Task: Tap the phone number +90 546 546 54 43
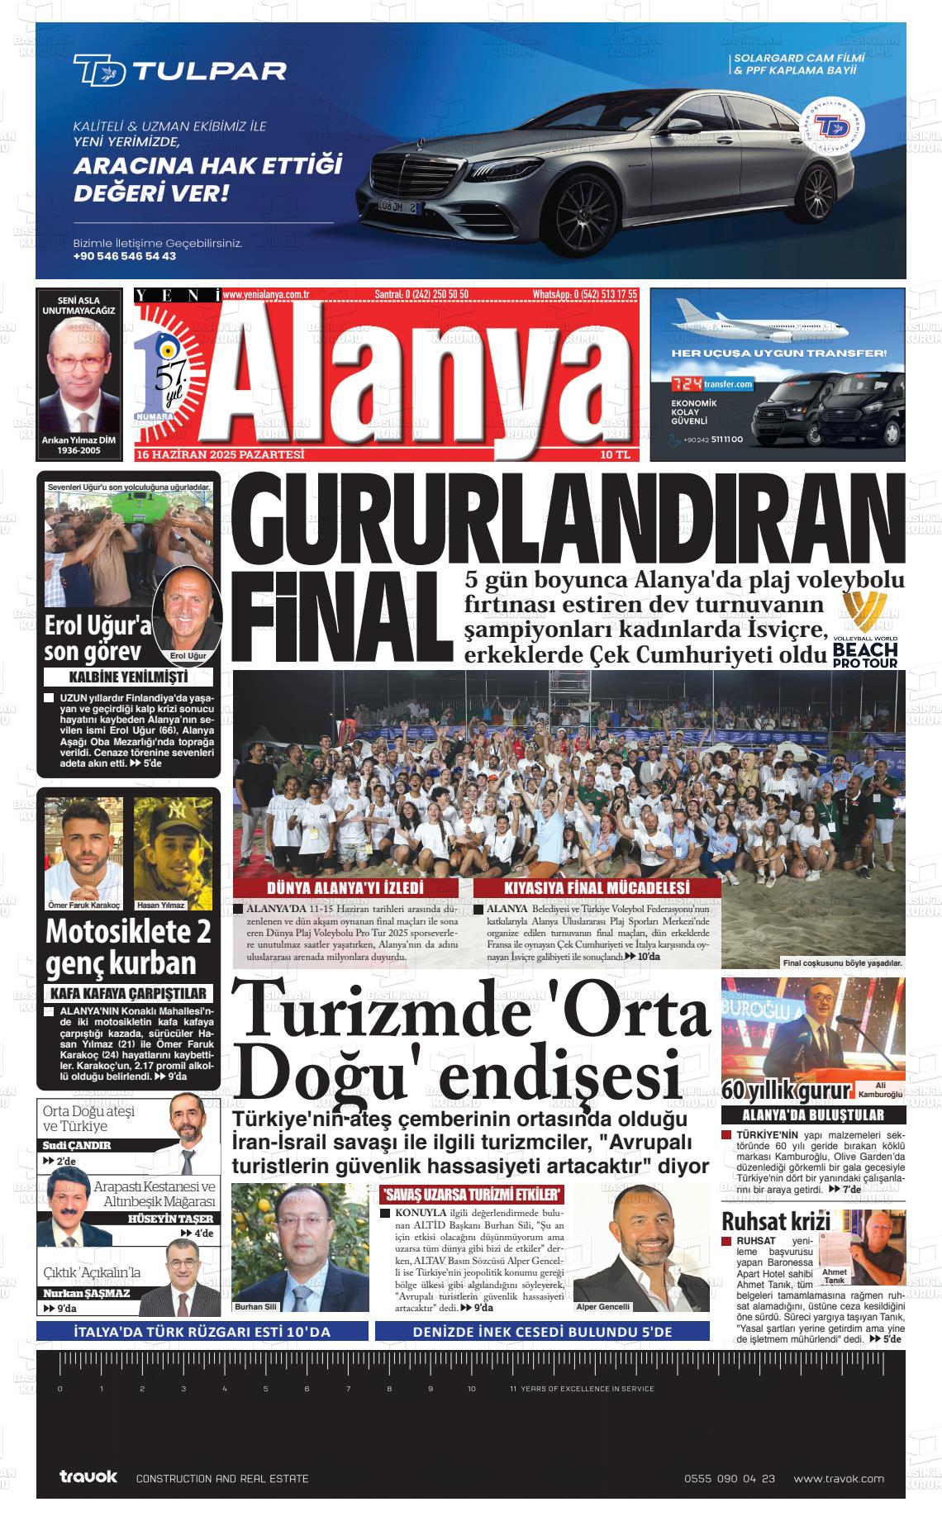[124, 256]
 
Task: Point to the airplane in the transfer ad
[760, 322]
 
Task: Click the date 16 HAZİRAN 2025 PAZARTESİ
[221, 455]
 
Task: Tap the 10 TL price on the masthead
[616, 455]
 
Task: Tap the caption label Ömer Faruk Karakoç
[83, 905]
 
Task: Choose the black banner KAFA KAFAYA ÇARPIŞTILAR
[128, 993]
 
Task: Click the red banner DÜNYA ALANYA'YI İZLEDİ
[345, 889]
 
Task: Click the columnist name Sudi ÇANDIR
[77, 1146]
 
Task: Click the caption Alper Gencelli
[602, 1307]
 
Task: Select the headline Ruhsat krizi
[764, 1222]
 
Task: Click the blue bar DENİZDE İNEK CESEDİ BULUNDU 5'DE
[542, 1332]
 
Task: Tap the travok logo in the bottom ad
[88, 1477]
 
